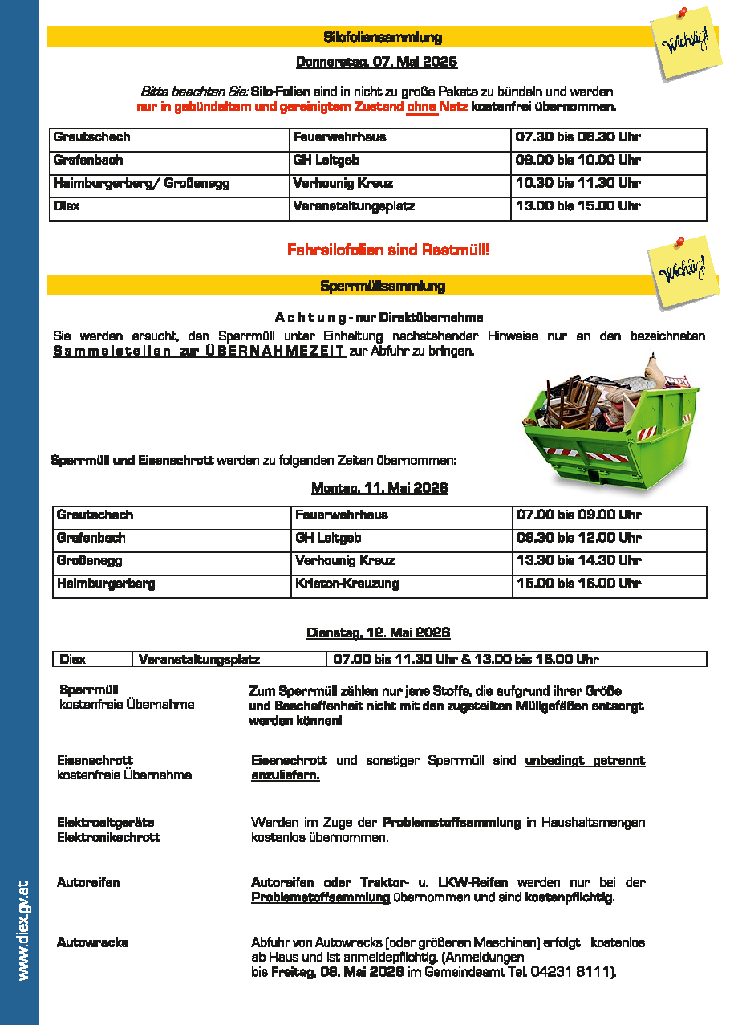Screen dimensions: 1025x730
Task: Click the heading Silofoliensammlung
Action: pos(382,37)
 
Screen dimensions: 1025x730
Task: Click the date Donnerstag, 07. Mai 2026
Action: pos(377,62)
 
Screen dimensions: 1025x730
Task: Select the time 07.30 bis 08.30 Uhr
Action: pos(578,137)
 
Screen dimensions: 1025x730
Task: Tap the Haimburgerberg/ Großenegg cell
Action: pos(141,184)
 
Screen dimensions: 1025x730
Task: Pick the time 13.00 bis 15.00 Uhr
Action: pos(578,206)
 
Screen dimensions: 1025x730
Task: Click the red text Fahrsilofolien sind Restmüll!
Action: pos(388,250)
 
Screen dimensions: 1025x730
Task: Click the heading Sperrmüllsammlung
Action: pos(382,286)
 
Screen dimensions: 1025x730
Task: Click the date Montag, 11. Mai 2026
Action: pos(379,488)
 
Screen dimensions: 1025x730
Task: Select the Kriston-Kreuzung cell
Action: pos(347,584)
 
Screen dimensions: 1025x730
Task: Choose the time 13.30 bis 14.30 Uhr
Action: pos(578,560)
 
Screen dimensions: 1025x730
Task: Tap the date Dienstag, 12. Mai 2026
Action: pos(379,632)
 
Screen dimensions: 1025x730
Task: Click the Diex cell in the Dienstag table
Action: pos(73,660)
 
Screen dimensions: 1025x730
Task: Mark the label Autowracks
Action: pos(92,942)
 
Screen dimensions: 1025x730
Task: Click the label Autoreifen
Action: pos(88,883)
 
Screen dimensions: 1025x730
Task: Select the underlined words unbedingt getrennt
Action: pos(585,760)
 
